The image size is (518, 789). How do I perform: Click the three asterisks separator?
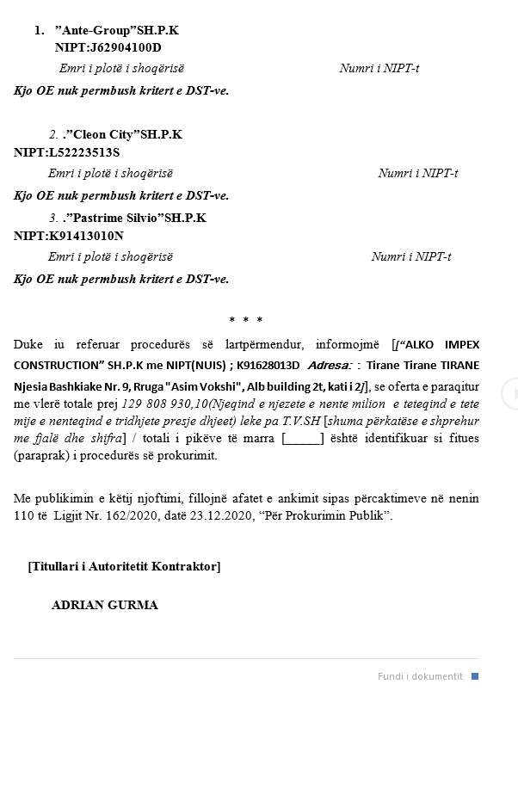click(x=245, y=321)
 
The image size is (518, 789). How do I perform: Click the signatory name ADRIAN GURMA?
click(x=104, y=605)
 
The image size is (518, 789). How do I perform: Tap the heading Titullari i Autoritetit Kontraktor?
click(x=124, y=566)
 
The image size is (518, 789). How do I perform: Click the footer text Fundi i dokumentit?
click(x=420, y=676)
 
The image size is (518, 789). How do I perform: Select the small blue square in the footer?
click(x=474, y=676)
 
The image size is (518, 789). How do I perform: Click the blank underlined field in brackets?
click(x=303, y=439)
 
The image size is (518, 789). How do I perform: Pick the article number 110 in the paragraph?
click(x=23, y=515)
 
